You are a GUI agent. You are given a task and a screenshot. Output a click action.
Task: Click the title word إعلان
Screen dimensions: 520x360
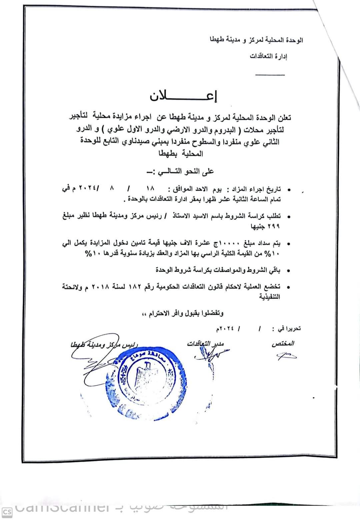point(183,96)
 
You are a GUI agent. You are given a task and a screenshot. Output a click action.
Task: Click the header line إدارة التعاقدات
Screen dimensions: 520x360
point(268,56)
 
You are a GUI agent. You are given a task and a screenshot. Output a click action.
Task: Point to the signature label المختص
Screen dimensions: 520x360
point(283,343)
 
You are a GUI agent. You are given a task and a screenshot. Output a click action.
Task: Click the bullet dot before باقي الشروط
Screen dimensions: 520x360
point(289,271)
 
